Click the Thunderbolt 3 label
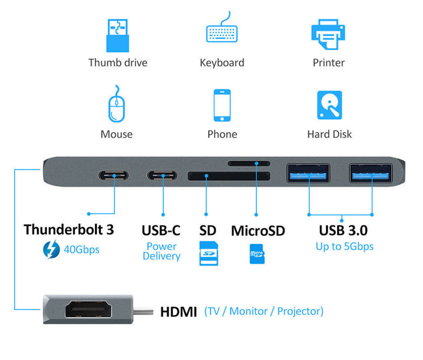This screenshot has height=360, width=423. (69, 230)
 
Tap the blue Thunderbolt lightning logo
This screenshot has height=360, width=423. (49, 249)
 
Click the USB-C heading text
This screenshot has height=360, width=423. (161, 230)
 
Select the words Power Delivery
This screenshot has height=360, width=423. (161, 251)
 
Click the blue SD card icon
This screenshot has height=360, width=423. (208, 252)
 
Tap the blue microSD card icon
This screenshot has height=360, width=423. (257, 254)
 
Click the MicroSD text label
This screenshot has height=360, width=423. (258, 230)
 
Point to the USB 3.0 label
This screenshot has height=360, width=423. (343, 230)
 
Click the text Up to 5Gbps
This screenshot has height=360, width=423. (344, 247)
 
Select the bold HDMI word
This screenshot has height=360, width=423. (178, 312)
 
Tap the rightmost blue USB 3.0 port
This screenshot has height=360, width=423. (372, 173)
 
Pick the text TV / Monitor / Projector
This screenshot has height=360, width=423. (264, 311)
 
